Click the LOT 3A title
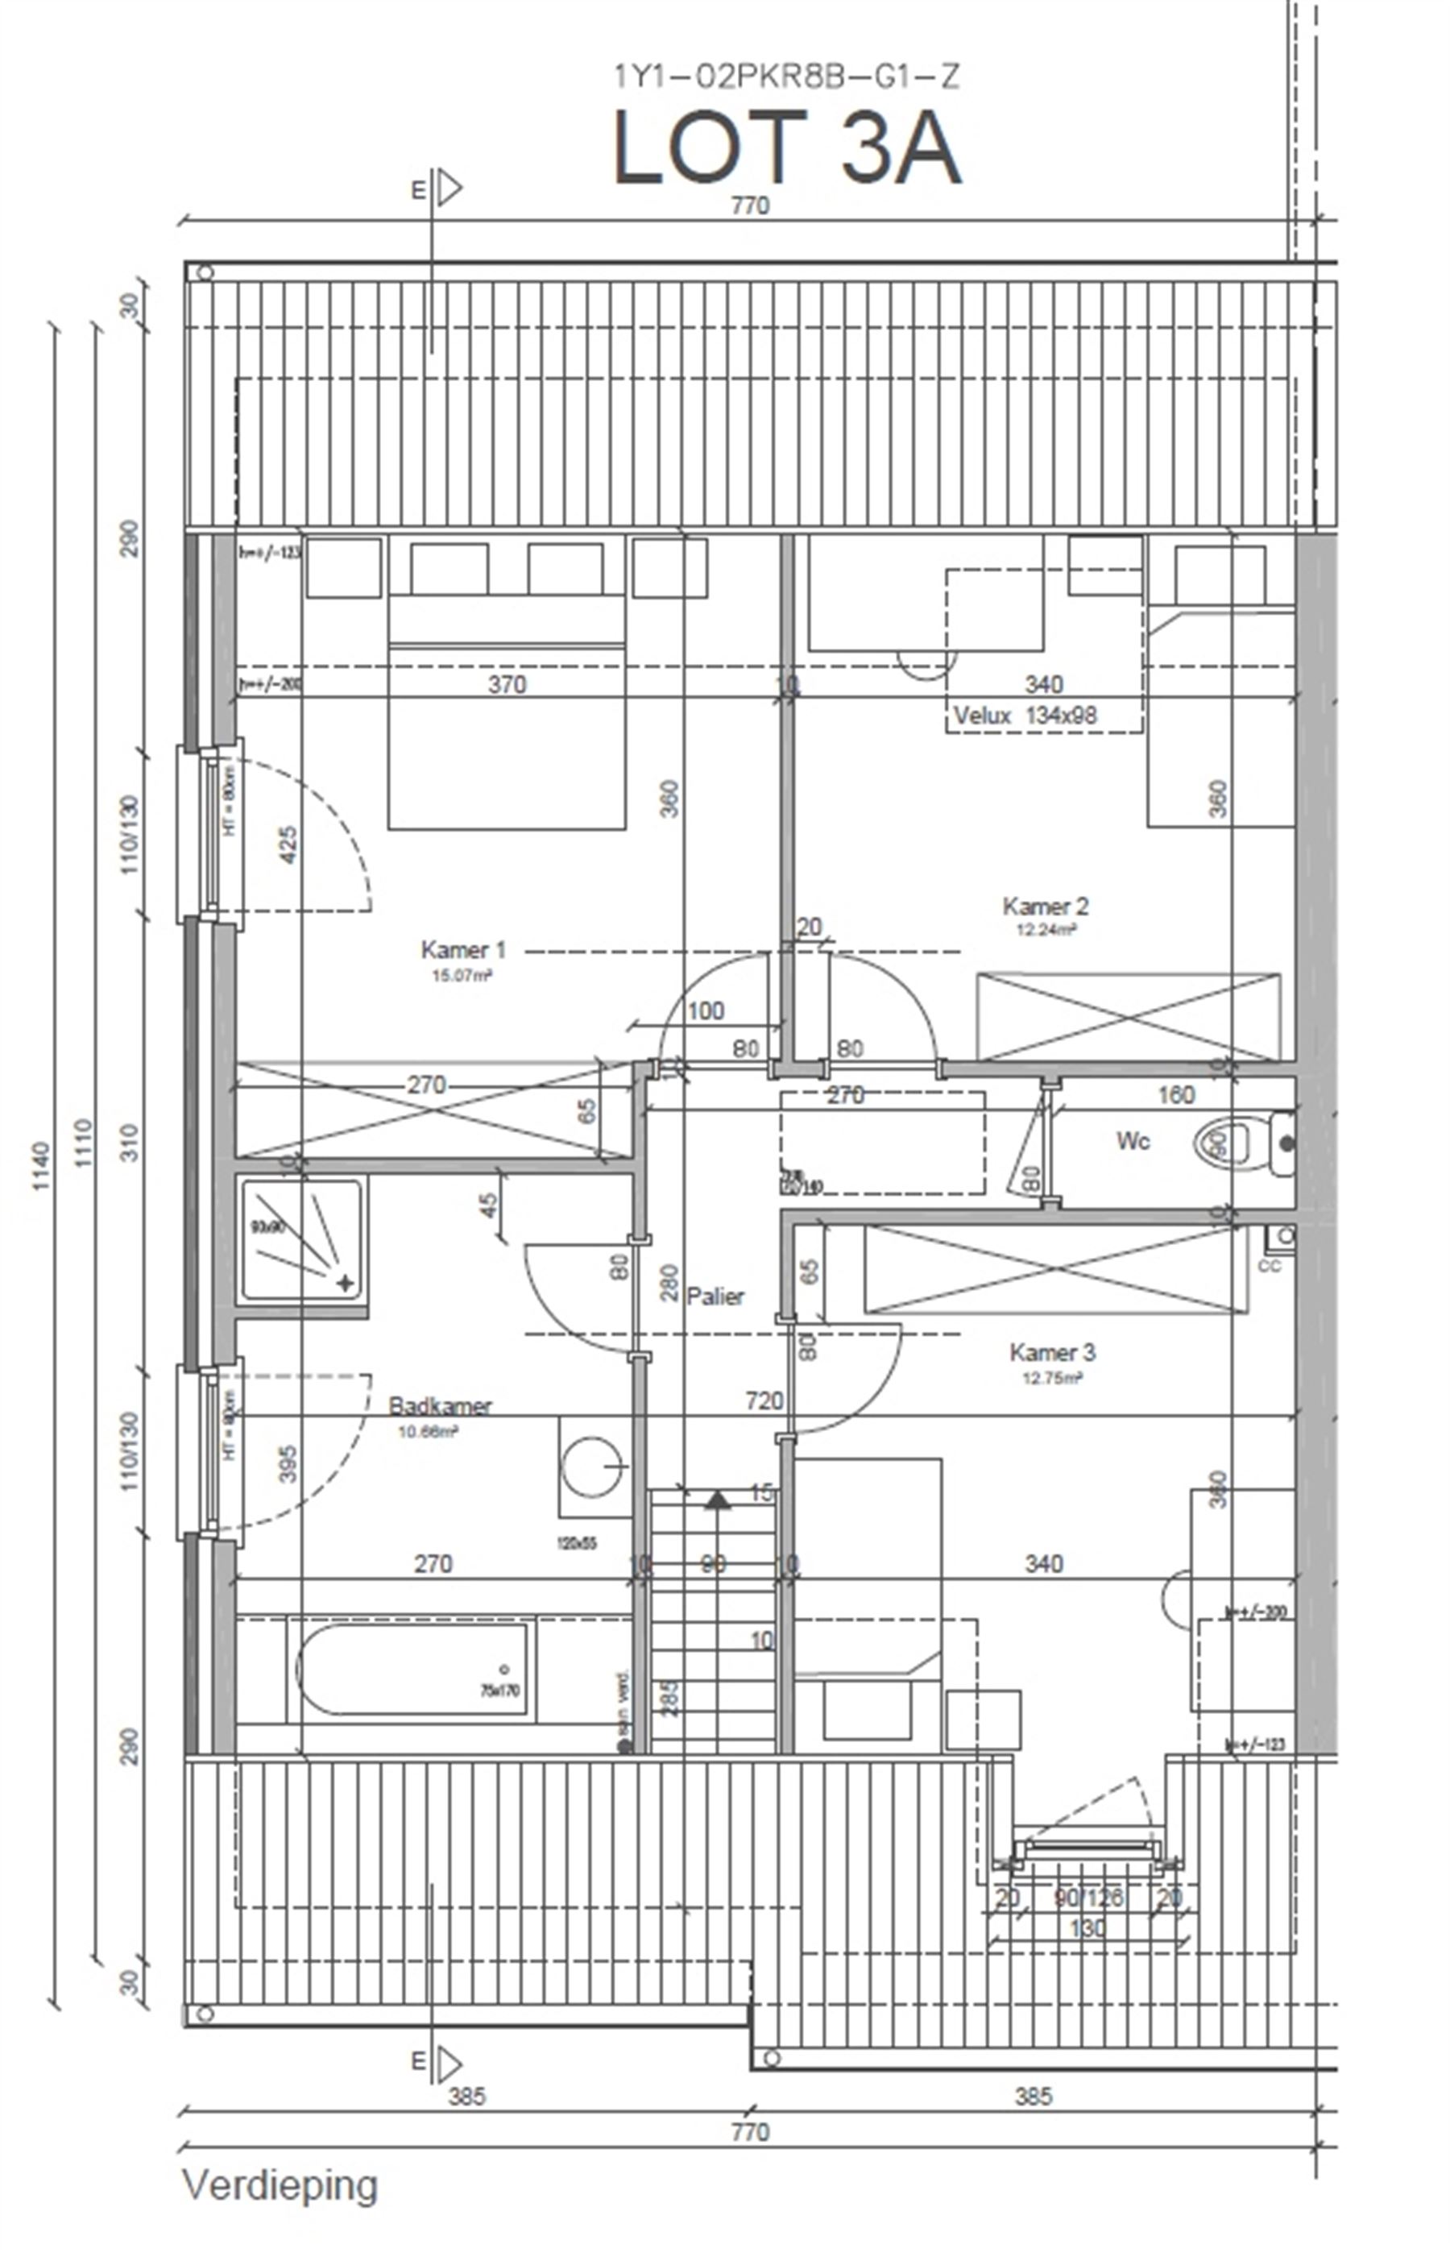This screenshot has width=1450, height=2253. coord(786,148)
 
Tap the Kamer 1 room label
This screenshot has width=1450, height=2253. coord(462,949)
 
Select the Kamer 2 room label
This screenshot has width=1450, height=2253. coord(1045,906)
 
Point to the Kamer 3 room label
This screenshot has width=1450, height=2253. coord(1052,1353)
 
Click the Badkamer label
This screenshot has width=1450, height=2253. coord(440,1406)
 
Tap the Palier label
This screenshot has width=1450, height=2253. coord(715,1296)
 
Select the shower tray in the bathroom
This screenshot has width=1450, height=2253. coord(301,1239)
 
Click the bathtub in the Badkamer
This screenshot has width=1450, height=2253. coord(412,1669)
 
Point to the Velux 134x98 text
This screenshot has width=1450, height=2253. coord(1025,715)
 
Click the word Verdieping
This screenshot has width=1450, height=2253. coord(280,2185)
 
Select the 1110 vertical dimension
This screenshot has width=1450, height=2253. coord(85,1143)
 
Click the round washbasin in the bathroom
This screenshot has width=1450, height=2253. coord(592,1467)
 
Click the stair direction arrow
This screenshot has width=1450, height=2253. coord(718,1500)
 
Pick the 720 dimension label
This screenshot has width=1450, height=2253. coord(764,1400)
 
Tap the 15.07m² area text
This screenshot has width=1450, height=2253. coord(462,976)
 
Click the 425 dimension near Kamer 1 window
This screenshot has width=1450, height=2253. coord(289,844)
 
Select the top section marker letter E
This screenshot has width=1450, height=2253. coord(419,190)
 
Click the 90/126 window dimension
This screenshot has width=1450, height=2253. coord(1089,1897)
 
